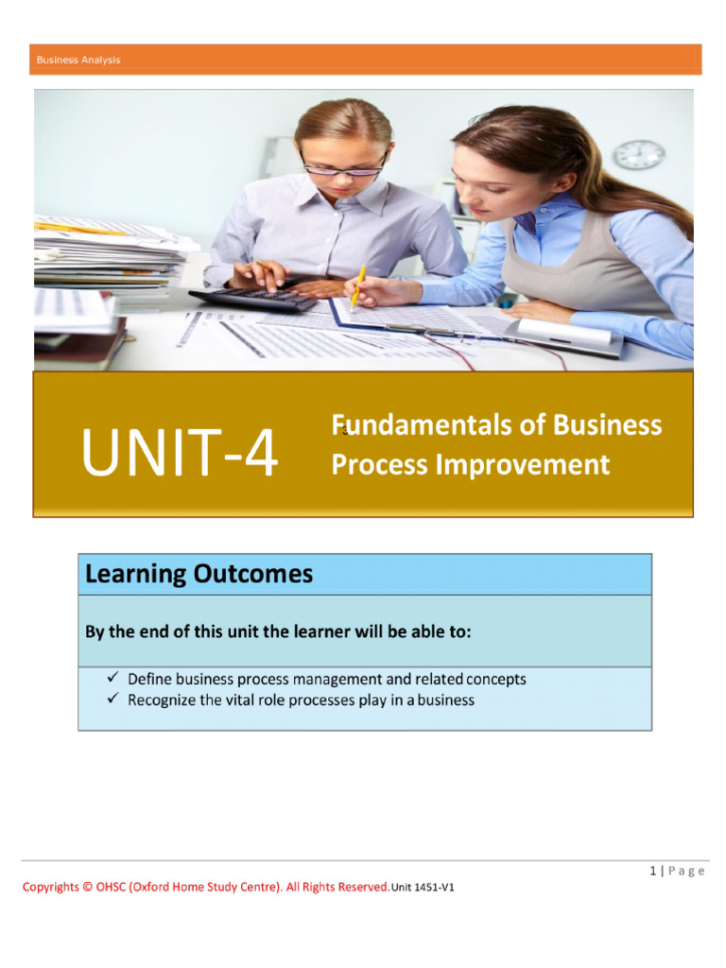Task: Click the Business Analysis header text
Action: click(x=78, y=60)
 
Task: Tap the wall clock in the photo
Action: click(x=639, y=154)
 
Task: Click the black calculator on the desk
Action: click(x=252, y=300)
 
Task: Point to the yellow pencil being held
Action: click(x=358, y=285)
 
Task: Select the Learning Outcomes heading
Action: click(x=199, y=574)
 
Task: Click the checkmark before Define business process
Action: click(x=111, y=678)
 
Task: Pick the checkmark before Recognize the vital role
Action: click(x=111, y=700)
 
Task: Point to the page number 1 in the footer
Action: click(x=652, y=871)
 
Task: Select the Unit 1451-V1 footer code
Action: click(x=423, y=888)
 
